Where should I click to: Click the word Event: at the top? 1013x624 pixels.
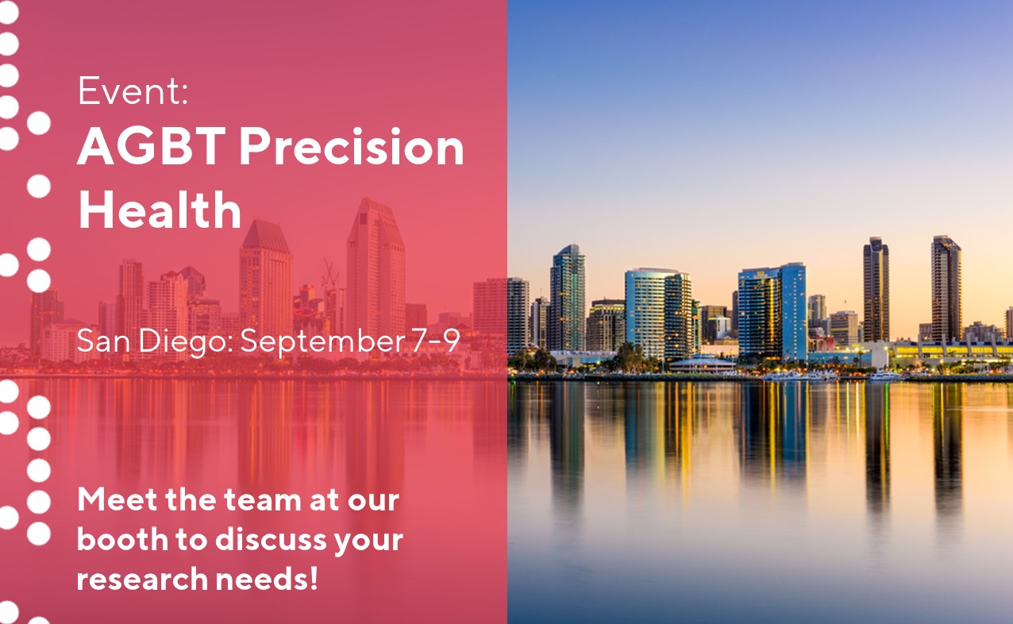pos(133,91)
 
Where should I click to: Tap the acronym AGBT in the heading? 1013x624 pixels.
pos(151,147)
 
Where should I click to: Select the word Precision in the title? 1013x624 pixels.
pos(352,147)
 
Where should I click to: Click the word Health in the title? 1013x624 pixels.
pos(160,210)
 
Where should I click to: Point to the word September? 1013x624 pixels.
pos(322,342)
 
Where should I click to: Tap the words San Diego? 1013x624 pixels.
pos(155,342)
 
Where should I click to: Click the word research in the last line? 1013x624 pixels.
pos(141,580)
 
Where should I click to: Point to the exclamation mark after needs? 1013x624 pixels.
pos(313,578)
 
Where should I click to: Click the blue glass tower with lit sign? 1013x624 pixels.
pos(772,312)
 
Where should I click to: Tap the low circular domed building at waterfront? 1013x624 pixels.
pos(703,363)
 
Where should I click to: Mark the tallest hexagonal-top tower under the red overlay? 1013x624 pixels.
pos(376,267)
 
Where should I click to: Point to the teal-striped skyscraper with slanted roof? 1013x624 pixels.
pos(567,299)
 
